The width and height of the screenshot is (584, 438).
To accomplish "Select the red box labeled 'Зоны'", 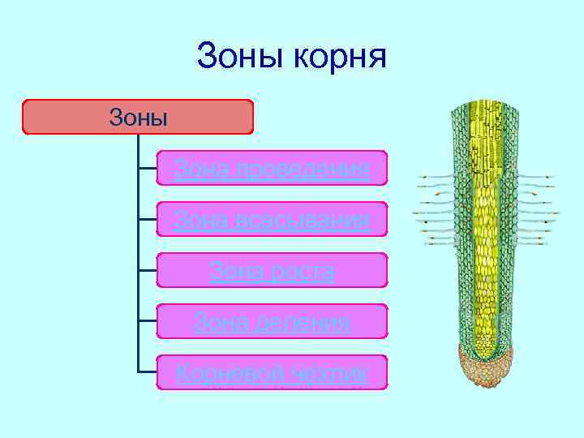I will click(138, 117).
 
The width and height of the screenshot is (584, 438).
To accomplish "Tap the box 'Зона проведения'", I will click(272, 168).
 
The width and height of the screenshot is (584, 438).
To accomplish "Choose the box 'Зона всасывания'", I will click(272, 219).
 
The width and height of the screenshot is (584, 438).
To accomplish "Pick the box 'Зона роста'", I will click(272, 270).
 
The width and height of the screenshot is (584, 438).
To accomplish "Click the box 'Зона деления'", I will click(272, 321).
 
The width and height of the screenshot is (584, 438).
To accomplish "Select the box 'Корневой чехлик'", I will click(272, 372).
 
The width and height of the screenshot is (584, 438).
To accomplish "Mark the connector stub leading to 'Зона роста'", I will click(147, 270).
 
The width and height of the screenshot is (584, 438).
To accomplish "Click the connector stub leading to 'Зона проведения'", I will click(147, 168).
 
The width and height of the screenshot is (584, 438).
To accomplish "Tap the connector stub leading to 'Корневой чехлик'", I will click(147, 372).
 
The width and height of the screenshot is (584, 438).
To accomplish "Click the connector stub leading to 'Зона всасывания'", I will click(147, 219).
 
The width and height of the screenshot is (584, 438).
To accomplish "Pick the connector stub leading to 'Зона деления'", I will click(147, 321).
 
